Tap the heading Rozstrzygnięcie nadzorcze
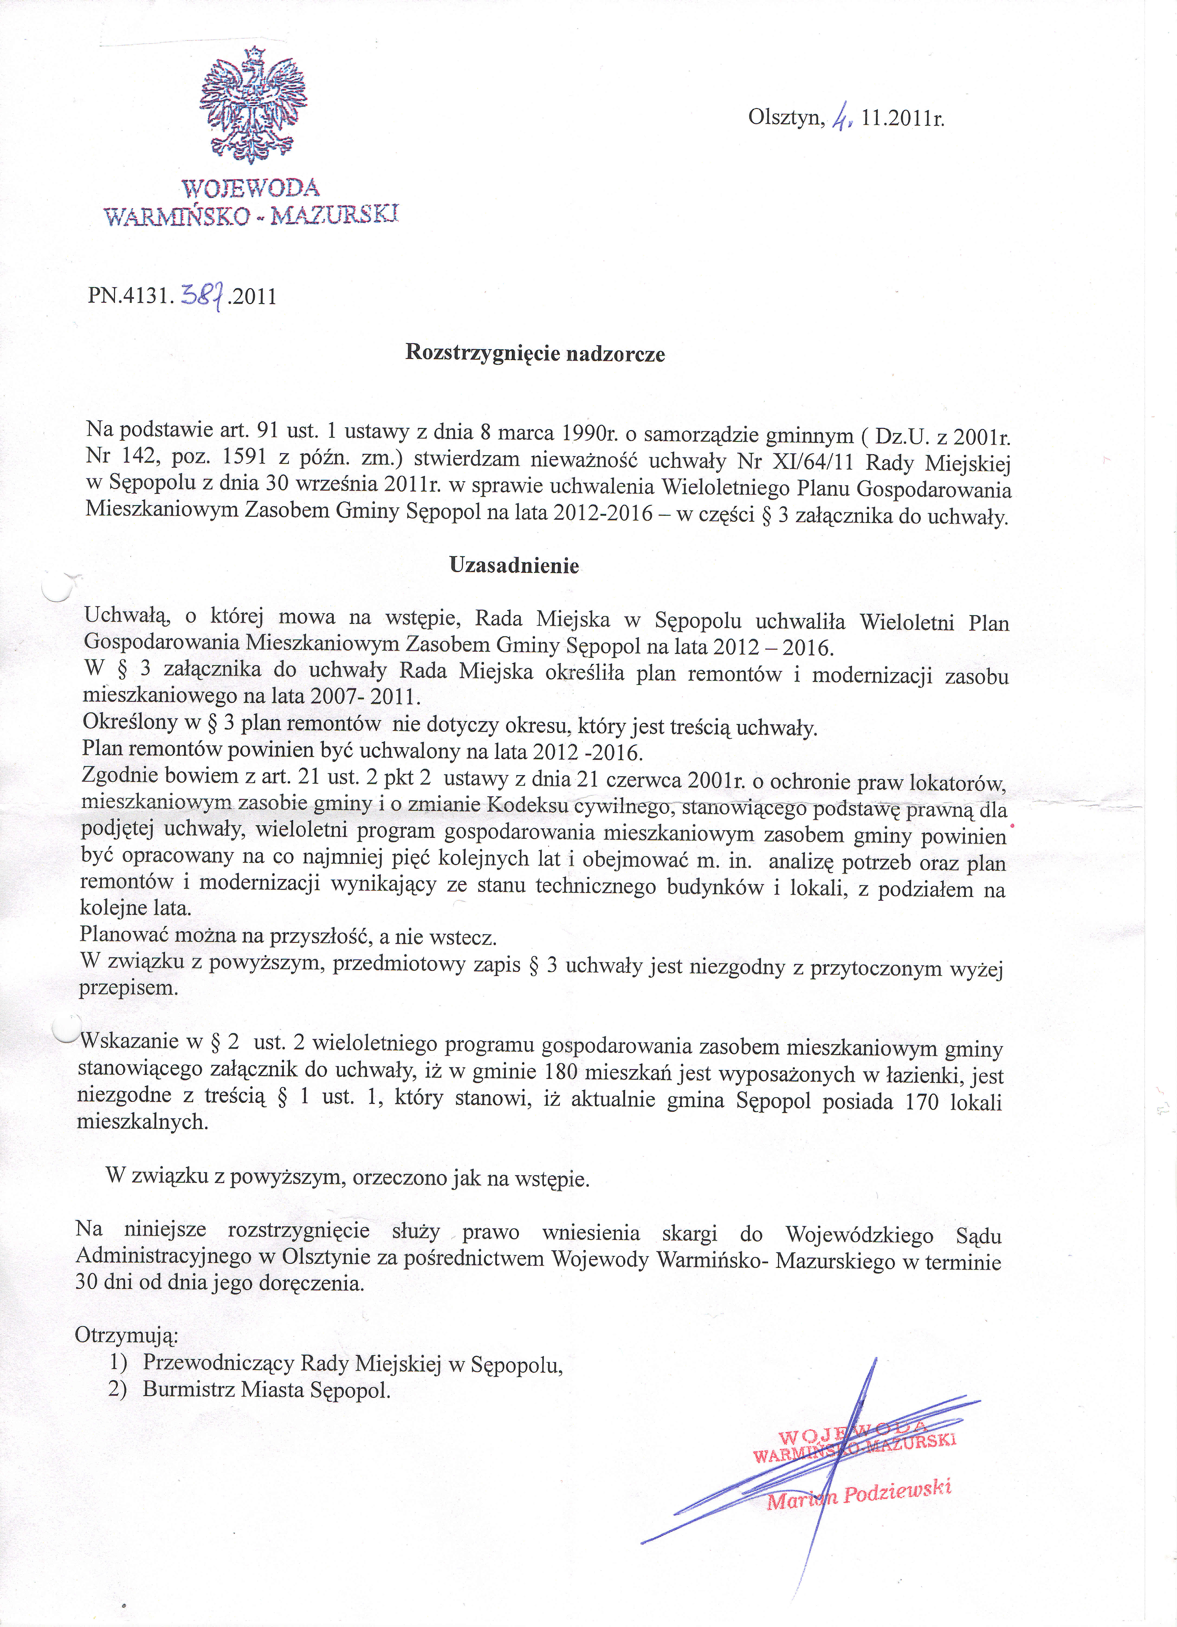pyautogui.click(x=535, y=353)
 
